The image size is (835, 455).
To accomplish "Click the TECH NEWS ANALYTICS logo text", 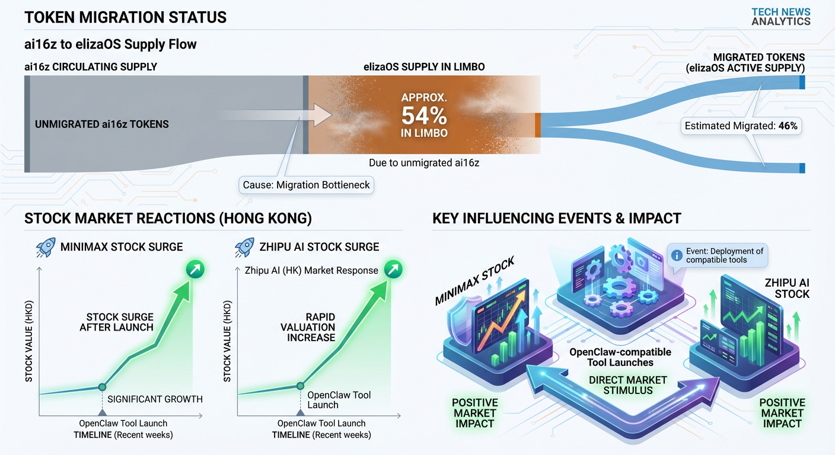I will click(780, 17).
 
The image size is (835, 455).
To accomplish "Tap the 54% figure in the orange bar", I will click(423, 115).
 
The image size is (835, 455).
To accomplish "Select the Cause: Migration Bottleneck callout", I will click(306, 185).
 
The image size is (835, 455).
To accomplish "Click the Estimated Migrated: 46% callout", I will click(741, 126).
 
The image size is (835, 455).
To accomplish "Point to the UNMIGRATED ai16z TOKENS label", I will click(102, 124).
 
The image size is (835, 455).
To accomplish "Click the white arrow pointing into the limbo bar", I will click(314, 114).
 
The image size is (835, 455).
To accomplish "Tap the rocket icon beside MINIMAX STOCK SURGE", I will click(46, 246).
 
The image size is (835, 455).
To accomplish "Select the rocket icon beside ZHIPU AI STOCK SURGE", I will click(244, 246).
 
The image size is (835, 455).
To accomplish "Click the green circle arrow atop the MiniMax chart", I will click(195, 270).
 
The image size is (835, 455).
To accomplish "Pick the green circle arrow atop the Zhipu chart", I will click(393, 270).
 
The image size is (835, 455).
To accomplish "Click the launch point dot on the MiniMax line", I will click(102, 386).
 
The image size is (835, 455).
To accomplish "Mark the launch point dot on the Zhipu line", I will click(300, 385).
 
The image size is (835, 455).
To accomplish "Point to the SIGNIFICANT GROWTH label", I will click(155, 399).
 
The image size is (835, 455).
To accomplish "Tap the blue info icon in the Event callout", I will click(676, 255).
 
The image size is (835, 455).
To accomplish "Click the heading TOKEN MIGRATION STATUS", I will click(125, 17).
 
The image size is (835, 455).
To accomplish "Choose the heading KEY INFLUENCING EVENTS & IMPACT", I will click(556, 219).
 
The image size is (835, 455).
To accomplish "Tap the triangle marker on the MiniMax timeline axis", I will click(102, 412).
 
